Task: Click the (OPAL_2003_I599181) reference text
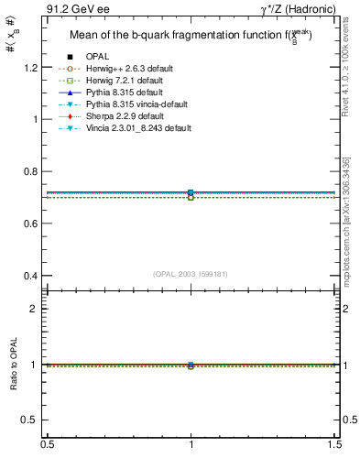click(x=191, y=273)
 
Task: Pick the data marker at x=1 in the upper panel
click(x=191, y=193)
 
